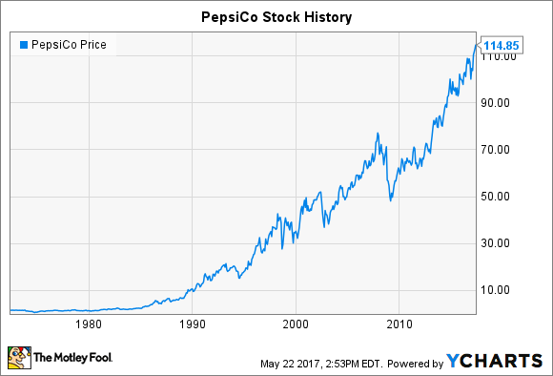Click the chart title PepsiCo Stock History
(276, 17)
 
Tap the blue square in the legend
(24, 45)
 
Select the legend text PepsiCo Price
(69, 45)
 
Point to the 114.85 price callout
(501, 45)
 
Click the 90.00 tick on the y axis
(495, 103)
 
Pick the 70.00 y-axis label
(495, 150)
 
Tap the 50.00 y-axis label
(495, 197)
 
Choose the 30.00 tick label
(495, 243)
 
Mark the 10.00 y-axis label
(495, 290)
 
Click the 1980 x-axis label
(89, 324)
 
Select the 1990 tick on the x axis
(193, 324)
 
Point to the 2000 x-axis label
(296, 324)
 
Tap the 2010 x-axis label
(399, 324)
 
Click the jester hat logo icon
(19, 358)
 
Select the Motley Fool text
(73, 358)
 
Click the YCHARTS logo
(494, 361)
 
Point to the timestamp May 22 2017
(290, 364)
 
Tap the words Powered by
(415, 364)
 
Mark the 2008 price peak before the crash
(378, 133)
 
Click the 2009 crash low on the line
(390, 200)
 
